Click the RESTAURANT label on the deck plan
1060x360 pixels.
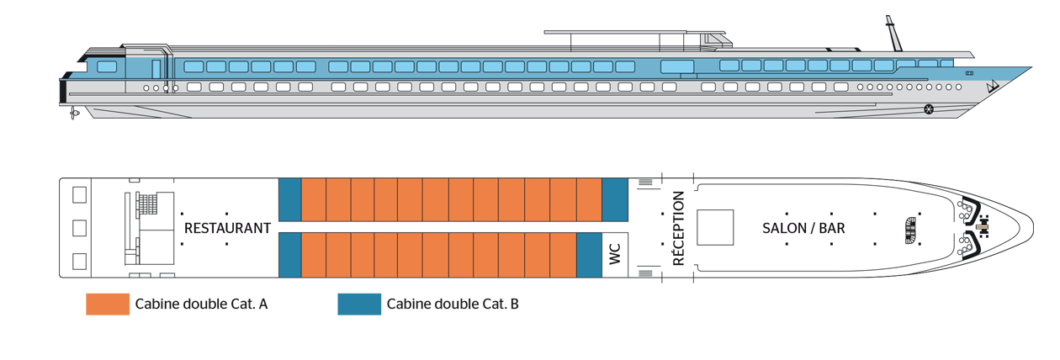pos(227,229)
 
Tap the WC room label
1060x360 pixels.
pos(615,255)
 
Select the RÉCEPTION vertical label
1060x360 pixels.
pos(678,229)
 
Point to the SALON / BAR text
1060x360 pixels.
pos(803,229)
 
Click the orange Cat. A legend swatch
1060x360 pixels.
pos(108,304)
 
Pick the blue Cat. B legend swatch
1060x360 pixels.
pos(359,304)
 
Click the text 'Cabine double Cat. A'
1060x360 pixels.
pos(201,304)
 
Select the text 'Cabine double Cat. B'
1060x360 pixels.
pos(453,304)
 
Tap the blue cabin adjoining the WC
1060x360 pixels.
pos(589,255)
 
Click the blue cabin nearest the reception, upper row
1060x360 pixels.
pos(615,199)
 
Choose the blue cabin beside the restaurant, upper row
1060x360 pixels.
pos(289,199)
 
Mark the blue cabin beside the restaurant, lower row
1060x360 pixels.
pos(289,255)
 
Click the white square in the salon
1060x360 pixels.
pos(715,228)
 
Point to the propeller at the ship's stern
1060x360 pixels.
pos(73,113)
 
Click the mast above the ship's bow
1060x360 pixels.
pos(894,33)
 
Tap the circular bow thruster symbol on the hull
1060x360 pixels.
pos(929,109)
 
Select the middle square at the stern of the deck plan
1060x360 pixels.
pos(79,228)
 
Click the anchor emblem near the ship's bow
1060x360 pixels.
pos(993,87)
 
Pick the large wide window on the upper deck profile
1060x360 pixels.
pos(677,66)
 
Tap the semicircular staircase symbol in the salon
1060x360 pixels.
pos(911,230)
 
